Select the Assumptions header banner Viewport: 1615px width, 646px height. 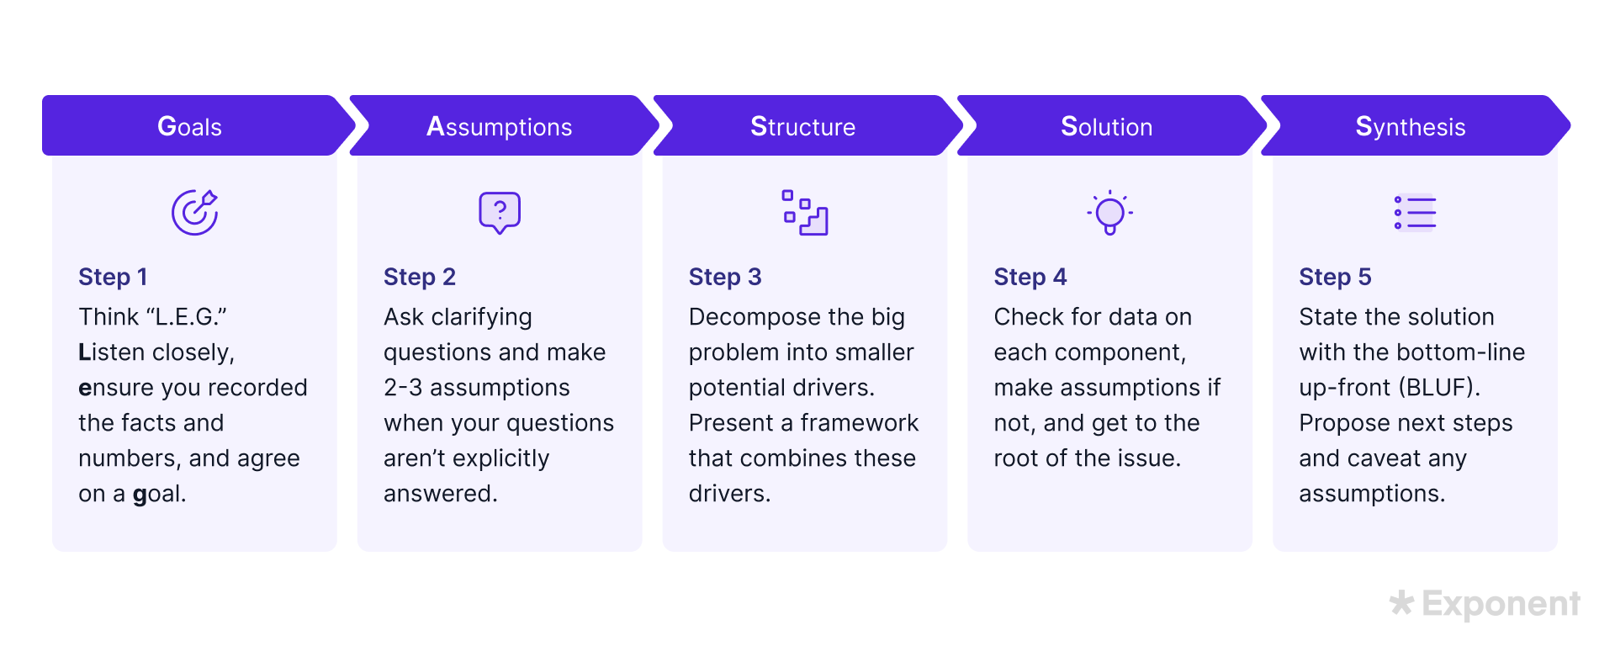pyautogui.click(x=503, y=125)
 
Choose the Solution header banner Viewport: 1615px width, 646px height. pyautogui.click(x=1111, y=125)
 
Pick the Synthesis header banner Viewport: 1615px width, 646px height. pyautogui.click(x=1415, y=125)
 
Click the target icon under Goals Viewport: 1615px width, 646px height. pyautogui.click(x=194, y=213)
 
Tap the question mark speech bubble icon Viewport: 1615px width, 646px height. pyautogui.click(x=500, y=213)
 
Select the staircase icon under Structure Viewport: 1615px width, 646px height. pyautogui.click(x=805, y=213)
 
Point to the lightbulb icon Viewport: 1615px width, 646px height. pyautogui.click(x=1109, y=213)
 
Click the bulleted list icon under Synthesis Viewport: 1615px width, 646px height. pyautogui.click(x=1415, y=213)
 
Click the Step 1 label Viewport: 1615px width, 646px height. pyautogui.click(x=113, y=277)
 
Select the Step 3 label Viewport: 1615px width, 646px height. pyautogui.click(x=725, y=277)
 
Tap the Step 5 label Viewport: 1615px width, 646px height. pyautogui.click(x=1335, y=277)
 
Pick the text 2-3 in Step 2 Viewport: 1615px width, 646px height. pyautogui.click(x=403, y=388)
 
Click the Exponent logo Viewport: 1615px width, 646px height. pyautogui.click(x=1485, y=604)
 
